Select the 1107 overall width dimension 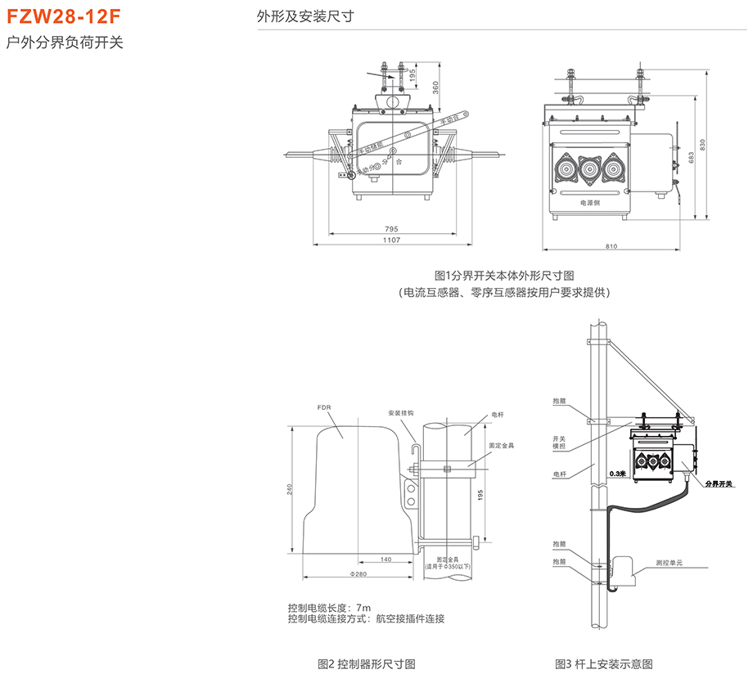coord(390,240)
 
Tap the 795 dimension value coord(390,229)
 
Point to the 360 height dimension coord(436,88)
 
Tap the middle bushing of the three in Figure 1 coord(589,168)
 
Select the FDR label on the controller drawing coord(323,407)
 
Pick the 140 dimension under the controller coord(385,559)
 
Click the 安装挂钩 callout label coord(401,413)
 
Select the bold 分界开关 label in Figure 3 coord(720,483)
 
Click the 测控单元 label coord(670,563)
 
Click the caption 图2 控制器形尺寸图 coord(366,663)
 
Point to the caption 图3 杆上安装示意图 coord(603,663)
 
